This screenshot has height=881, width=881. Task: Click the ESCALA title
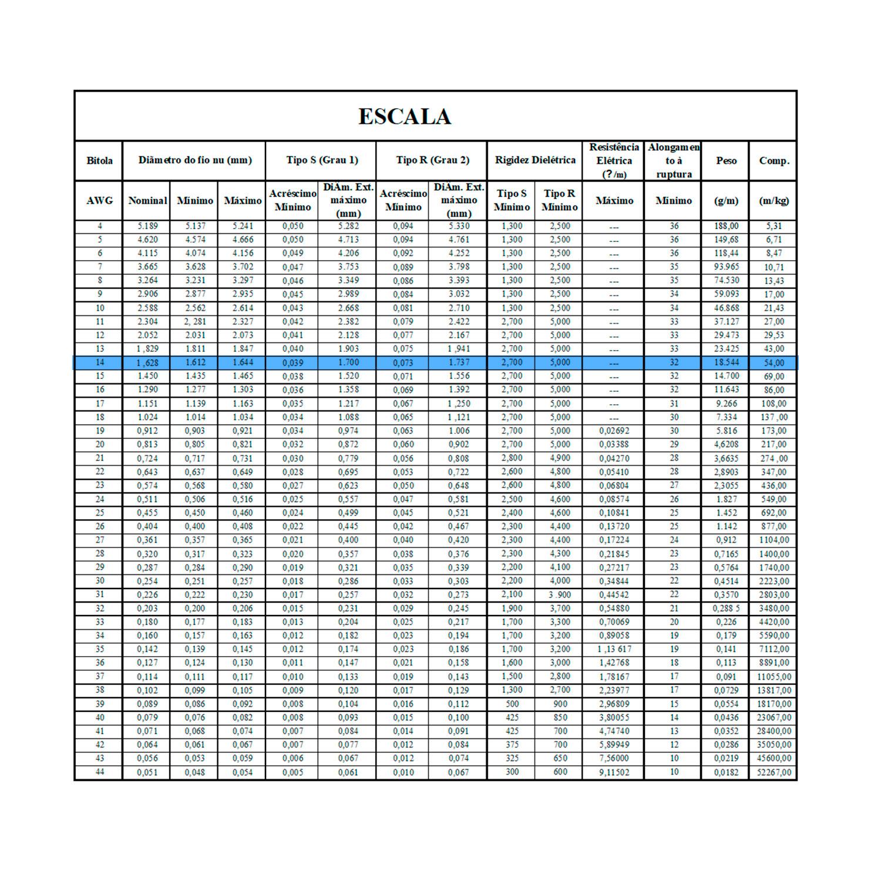pyautogui.click(x=405, y=116)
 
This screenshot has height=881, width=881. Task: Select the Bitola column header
pyautogui.click(x=99, y=160)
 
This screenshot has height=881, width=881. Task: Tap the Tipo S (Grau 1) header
pyautogui.click(x=322, y=160)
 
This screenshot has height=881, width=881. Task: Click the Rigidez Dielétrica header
pyautogui.click(x=535, y=160)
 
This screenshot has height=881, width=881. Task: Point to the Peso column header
pyautogui.click(x=726, y=160)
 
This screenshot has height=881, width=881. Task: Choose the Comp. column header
pyautogui.click(x=774, y=160)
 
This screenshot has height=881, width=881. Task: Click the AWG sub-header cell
pyautogui.click(x=99, y=200)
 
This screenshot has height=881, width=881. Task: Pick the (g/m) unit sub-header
pyautogui.click(x=726, y=200)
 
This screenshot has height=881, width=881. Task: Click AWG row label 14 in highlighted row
pyautogui.click(x=99, y=362)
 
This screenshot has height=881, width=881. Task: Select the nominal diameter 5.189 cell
pyautogui.click(x=147, y=226)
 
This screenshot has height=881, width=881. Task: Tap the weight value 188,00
pyautogui.click(x=726, y=226)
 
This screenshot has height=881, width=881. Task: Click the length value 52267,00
pyautogui.click(x=774, y=772)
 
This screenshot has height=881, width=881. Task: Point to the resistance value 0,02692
pyautogui.click(x=614, y=431)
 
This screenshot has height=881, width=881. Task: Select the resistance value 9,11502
pyautogui.click(x=614, y=772)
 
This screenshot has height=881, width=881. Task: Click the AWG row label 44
pyautogui.click(x=99, y=772)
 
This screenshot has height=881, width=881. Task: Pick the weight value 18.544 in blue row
pyautogui.click(x=726, y=362)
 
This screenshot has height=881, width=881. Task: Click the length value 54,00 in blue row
pyautogui.click(x=774, y=362)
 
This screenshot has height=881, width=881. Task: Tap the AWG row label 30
pyautogui.click(x=99, y=581)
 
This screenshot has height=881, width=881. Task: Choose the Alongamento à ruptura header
pyautogui.click(x=674, y=160)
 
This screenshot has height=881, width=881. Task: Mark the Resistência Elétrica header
pyautogui.click(x=614, y=160)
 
